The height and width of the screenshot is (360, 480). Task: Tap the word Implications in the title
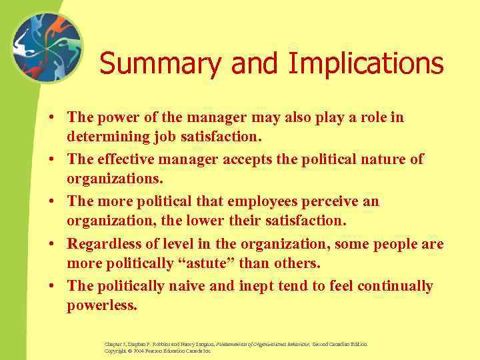click(366, 64)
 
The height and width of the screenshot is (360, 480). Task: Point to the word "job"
click(174, 138)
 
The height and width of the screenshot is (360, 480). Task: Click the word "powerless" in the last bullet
click(102, 307)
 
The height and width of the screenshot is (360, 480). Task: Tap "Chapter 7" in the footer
click(114, 343)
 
